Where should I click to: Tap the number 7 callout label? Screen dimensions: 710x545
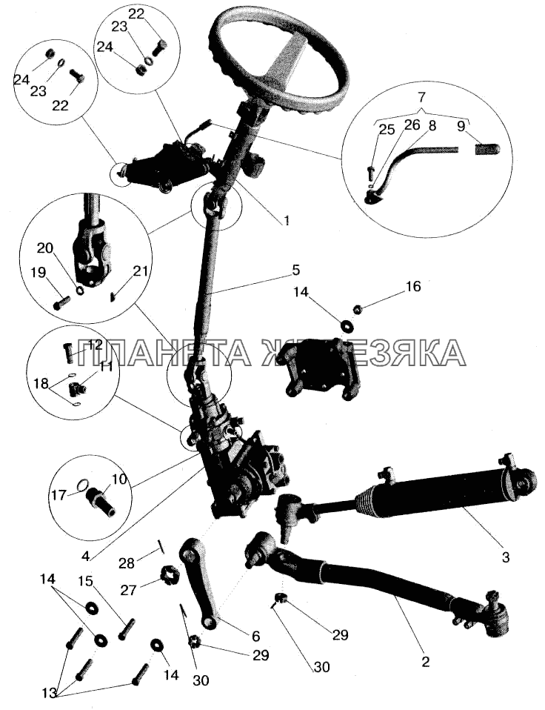point(421,98)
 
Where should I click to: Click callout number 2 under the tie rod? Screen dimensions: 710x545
point(425,660)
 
